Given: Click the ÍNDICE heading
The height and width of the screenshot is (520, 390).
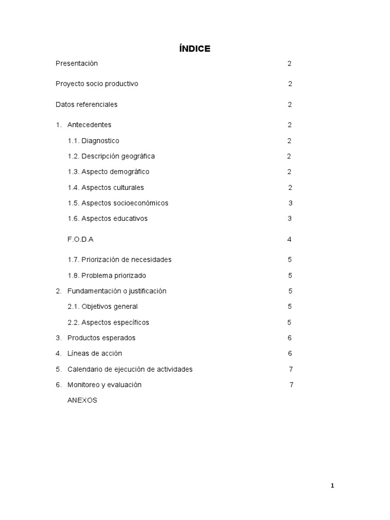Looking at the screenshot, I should (x=195, y=49).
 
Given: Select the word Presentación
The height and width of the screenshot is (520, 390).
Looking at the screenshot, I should (x=77, y=63).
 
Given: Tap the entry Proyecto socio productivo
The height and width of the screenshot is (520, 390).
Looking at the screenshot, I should (x=96, y=84).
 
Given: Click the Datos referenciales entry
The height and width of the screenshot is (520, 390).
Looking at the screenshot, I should (x=86, y=105).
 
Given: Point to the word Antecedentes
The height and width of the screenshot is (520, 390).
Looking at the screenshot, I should (x=89, y=125).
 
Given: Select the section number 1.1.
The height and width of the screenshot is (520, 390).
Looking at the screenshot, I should (x=73, y=141).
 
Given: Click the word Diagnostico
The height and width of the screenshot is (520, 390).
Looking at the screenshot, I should (x=100, y=141).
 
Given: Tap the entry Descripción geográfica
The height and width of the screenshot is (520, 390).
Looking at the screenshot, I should (x=118, y=156).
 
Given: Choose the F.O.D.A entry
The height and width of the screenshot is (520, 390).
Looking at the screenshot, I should (x=81, y=239).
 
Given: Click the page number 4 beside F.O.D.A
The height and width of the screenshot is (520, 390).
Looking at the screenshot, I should (x=289, y=239).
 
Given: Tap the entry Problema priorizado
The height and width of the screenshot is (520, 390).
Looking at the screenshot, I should (x=113, y=276).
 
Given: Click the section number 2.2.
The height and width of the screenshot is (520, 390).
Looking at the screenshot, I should (x=73, y=322).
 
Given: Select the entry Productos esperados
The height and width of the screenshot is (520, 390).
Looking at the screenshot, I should (x=102, y=338).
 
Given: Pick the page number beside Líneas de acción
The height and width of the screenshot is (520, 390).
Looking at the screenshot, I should (x=290, y=353).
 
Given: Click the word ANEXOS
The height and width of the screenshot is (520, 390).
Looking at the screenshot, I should (x=82, y=400).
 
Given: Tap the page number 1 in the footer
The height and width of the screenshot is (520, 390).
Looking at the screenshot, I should (x=332, y=486).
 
